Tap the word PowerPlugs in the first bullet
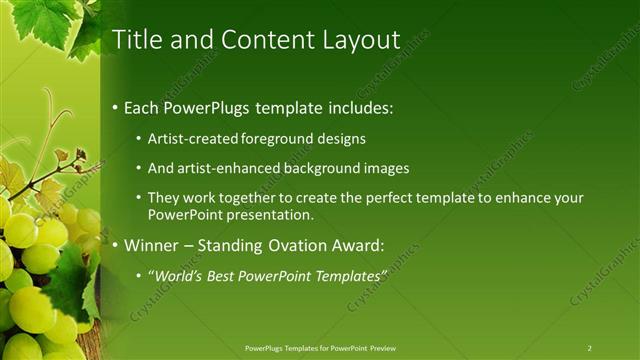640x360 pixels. [x=205, y=106]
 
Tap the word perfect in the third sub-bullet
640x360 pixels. [x=361, y=198]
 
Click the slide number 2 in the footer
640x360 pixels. [x=589, y=348]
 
